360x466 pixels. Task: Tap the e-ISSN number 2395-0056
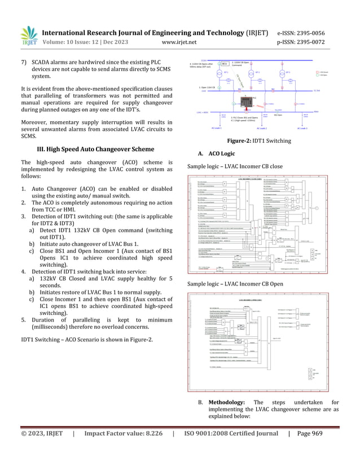tap(324, 32)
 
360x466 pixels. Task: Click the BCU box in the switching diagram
tap(225, 65)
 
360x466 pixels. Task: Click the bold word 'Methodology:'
tap(228, 402)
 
